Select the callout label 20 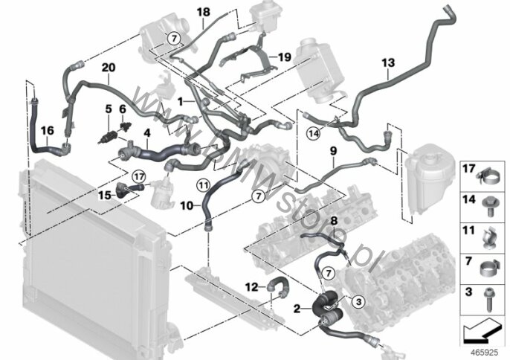[109, 68]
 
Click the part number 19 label [283, 57]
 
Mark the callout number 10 [187, 201]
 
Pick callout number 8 [333, 220]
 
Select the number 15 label [105, 195]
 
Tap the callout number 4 [147, 135]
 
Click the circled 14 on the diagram [314, 133]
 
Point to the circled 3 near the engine [357, 301]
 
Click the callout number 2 [297, 308]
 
